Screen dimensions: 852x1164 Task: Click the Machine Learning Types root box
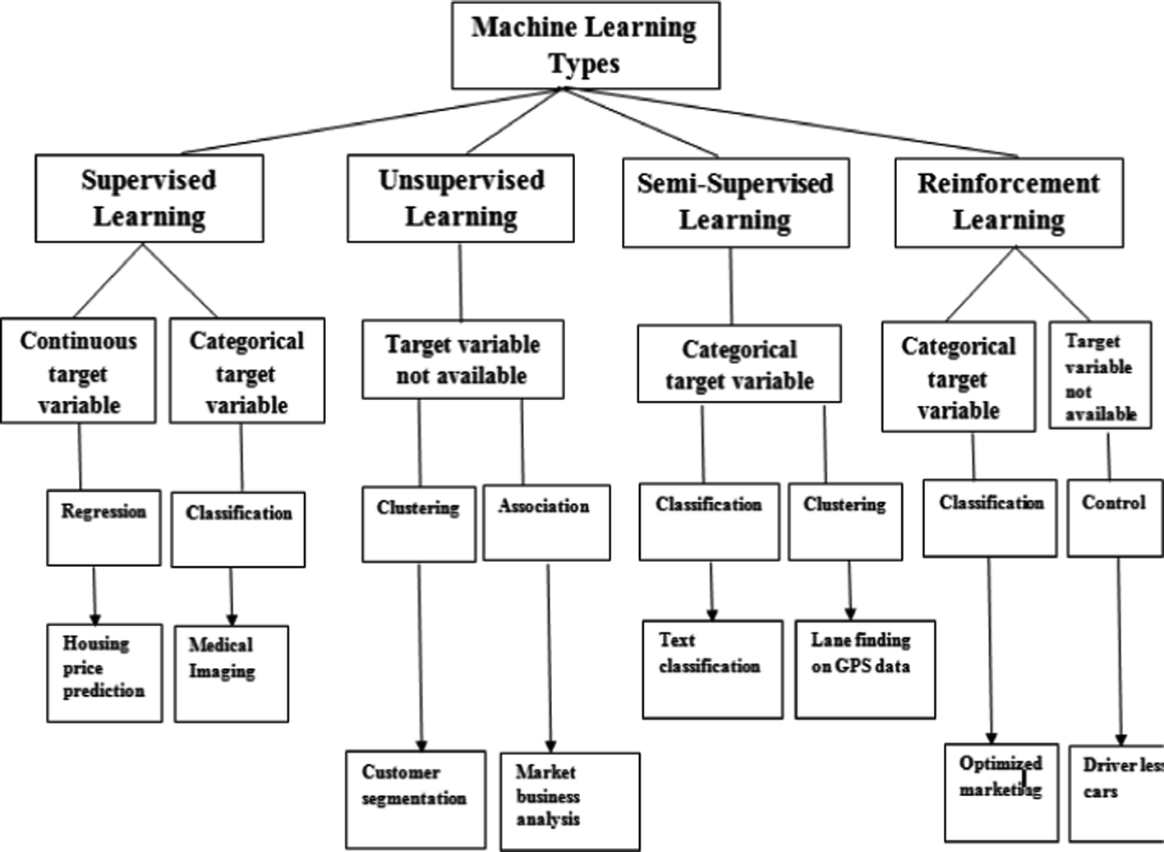[585, 45]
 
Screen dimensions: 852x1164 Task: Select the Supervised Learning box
[149, 199]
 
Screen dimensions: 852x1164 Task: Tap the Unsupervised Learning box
[460, 199]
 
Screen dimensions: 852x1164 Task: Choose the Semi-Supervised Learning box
[735, 203]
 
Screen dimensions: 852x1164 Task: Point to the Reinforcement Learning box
[1008, 203]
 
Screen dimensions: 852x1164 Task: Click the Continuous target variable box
[78, 371]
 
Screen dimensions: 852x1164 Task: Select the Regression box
[104, 527]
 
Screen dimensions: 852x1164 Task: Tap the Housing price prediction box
[104, 673]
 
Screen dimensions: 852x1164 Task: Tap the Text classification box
[711, 669]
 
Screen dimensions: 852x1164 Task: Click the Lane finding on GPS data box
[864, 669]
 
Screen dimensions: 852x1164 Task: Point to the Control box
[1115, 518]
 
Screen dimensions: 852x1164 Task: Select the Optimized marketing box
[1001, 792]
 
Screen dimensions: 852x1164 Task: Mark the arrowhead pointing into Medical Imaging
[232, 619]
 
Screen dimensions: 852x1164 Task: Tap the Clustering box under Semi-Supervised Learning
[844, 522]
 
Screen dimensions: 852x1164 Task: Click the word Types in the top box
[584, 64]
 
